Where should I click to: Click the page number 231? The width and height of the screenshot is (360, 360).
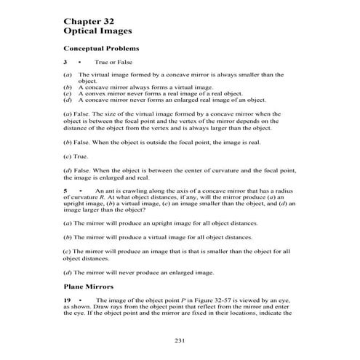(180, 340)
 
